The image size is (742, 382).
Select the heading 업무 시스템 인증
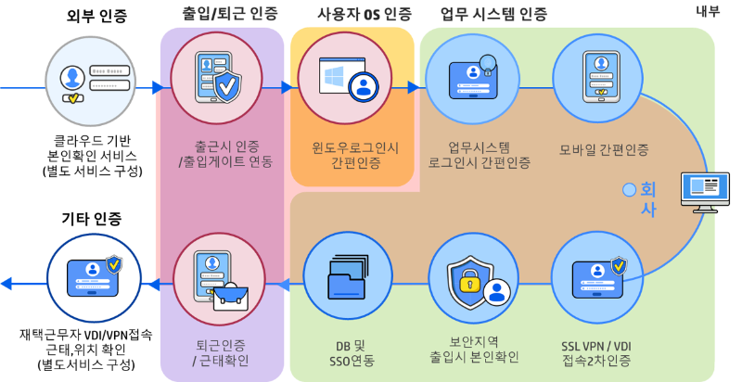(x=493, y=14)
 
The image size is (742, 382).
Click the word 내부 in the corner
(x=708, y=10)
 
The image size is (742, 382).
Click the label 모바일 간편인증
(x=604, y=149)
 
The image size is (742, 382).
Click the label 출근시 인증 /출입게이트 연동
(x=220, y=155)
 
